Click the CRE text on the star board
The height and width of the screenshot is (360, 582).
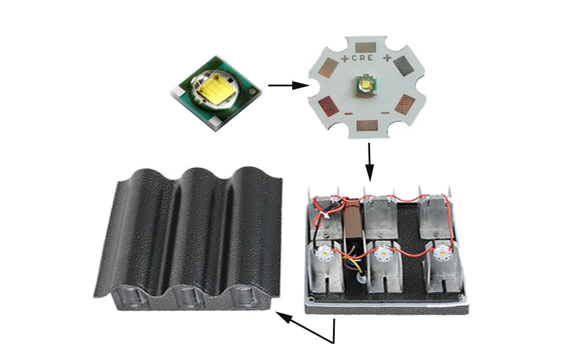coord(362,58)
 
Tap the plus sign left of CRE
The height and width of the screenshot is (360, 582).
coord(345,58)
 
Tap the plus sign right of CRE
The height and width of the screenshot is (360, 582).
coord(387,58)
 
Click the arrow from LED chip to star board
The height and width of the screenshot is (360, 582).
coord(289,85)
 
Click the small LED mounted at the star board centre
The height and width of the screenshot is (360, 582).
coord(366,85)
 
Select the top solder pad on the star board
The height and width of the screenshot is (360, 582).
coord(365,47)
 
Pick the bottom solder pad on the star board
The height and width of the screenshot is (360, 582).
coord(367,125)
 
